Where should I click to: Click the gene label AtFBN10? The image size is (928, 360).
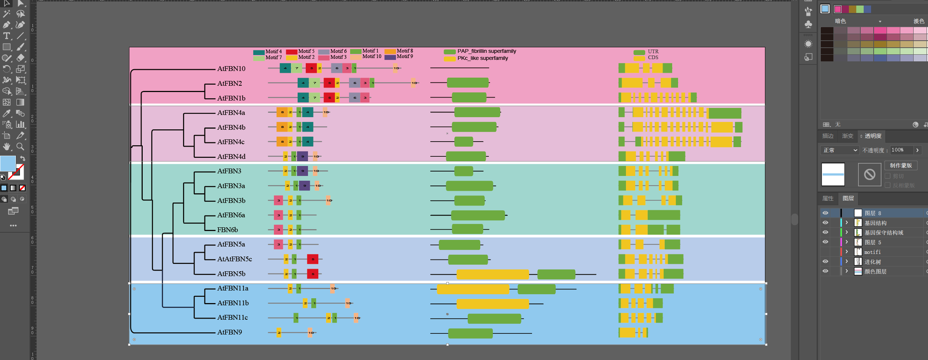[x=231, y=69]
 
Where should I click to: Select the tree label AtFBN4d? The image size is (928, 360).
[x=231, y=157]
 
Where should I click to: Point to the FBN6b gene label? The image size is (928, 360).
[x=227, y=230]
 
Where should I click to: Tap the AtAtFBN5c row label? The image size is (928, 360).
[x=234, y=259]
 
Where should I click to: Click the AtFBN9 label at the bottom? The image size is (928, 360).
[x=229, y=332]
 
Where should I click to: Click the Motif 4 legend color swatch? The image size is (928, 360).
[x=258, y=52]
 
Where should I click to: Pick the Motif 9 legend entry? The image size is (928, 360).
[x=404, y=57]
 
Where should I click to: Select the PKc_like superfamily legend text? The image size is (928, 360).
[x=482, y=58]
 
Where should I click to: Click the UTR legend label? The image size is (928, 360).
[x=653, y=52]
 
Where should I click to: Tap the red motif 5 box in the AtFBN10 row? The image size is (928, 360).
[x=311, y=68]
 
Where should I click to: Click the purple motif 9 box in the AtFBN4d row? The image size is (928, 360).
[x=302, y=157]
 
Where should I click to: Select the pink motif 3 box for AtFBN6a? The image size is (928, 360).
[x=278, y=215]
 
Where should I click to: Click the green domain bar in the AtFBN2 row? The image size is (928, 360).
[x=468, y=83]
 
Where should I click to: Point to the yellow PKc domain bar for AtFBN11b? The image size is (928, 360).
[x=492, y=304]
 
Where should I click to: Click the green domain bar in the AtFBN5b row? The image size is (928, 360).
[x=556, y=274]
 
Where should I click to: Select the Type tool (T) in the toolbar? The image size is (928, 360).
[x=7, y=36]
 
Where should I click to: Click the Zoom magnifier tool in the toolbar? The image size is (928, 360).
[x=21, y=147]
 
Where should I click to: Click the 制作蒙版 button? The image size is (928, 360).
[x=901, y=166]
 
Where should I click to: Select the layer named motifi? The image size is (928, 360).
[x=872, y=252]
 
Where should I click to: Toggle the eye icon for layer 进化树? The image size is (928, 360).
[x=825, y=261]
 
